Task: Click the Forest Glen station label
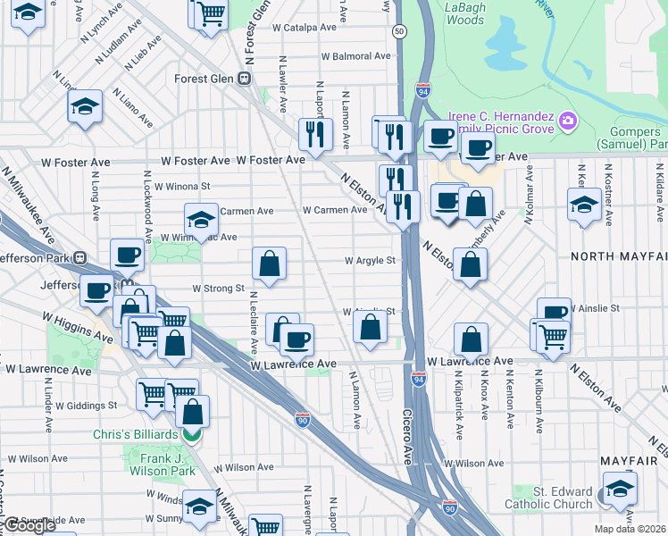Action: [x=204, y=79]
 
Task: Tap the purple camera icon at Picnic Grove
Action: [x=568, y=120]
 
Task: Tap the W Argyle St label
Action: [x=370, y=261]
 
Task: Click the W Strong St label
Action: [x=218, y=289]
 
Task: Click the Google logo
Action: [x=30, y=525]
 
